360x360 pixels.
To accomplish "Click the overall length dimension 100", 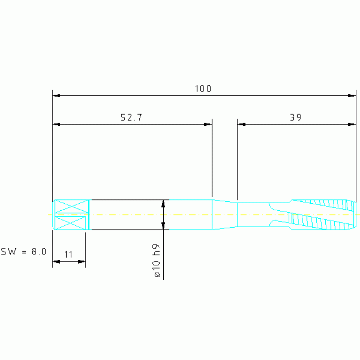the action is (x=203, y=89).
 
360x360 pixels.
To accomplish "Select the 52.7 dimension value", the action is (x=131, y=117).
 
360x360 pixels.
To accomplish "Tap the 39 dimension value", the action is (x=296, y=117).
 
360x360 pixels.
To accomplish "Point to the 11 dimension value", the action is (x=68, y=254).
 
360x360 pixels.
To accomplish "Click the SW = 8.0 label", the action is (x=23, y=252).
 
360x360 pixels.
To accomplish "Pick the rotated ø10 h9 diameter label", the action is (x=156, y=260).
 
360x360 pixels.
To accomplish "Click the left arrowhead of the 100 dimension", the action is (x=56, y=95).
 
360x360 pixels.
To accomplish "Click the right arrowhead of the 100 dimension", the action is (x=352, y=95).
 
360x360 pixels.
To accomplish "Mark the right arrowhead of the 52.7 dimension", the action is (x=208, y=124).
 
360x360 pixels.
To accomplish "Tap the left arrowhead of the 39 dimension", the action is (x=242, y=124).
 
